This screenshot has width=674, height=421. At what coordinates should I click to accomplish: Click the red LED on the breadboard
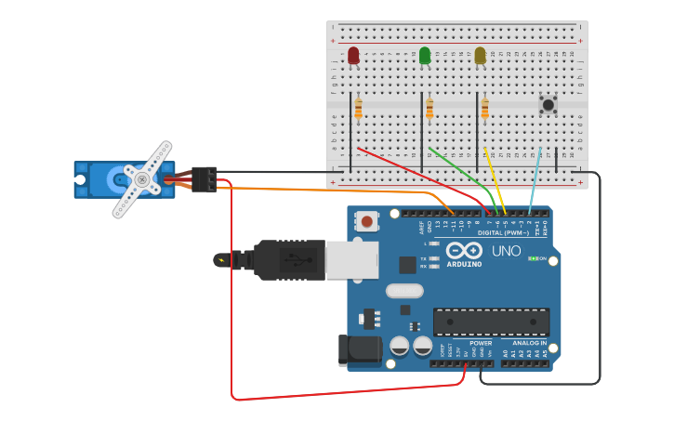(x=353, y=56)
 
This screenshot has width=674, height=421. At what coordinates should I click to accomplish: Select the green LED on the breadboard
(x=425, y=56)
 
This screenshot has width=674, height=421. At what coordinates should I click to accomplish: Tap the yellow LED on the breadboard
(x=480, y=56)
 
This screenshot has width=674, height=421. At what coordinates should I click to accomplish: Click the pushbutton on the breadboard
(x=548, y=105)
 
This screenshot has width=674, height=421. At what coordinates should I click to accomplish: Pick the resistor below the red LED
(x=358, y=111)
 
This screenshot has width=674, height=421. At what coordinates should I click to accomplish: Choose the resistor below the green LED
(x=430, y=111)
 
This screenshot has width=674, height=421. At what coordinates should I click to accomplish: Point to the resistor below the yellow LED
(x=484, y=111)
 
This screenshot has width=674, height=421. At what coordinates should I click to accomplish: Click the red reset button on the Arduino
(x=368, y=221)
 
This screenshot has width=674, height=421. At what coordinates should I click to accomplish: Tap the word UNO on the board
(x=506, y=251)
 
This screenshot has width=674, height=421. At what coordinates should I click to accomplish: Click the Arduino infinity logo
(x=463, y=251)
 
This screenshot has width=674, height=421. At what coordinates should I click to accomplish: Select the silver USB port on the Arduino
(x=352, y=260)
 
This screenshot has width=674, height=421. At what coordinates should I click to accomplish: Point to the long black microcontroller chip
(x=491, y=322)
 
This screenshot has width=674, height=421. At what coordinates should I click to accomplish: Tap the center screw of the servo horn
(x=142, y=179)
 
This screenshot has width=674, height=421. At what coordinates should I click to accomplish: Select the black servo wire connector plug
(x=205, y=178)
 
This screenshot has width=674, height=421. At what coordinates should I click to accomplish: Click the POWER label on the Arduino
(x=481, y=343)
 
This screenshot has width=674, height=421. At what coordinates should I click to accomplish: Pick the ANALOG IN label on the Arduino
(x=531, y=343)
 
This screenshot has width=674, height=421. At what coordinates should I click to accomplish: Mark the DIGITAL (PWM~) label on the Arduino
(x=503, y=232)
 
